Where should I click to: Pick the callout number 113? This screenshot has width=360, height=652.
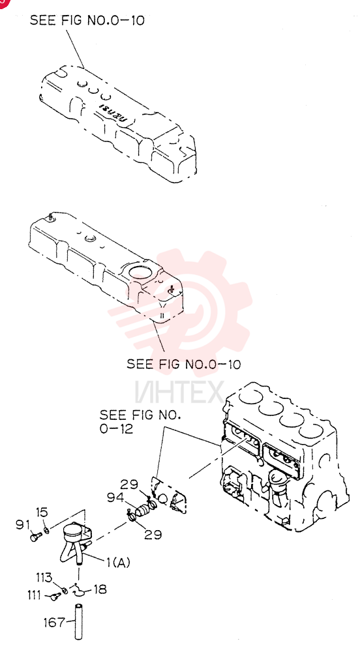pos(44,577)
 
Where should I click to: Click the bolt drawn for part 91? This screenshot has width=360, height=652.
pos(35,537)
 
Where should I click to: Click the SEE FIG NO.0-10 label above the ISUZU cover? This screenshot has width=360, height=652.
pos(87,20)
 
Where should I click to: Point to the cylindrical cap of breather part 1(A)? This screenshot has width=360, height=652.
pos(73,531)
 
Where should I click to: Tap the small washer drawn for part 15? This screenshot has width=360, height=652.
pos(46,530)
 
